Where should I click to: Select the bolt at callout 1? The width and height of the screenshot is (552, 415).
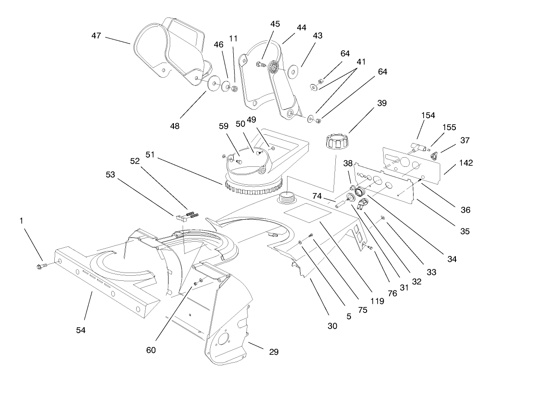[x=41, y=265]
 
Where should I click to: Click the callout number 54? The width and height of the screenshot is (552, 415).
[x=81, y=330]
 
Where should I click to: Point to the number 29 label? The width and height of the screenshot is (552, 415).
[x=273, y=352]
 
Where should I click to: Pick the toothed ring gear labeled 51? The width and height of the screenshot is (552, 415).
[x=252, y=188]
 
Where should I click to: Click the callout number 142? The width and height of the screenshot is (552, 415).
[x=466, y=163]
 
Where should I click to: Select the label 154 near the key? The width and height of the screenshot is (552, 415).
[x=428, y=115]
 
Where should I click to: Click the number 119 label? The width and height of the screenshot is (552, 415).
[x=378, y=302]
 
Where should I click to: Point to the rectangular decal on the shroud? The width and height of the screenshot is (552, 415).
[x=307, y=213]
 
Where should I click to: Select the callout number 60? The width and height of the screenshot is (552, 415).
[x=151, y=350]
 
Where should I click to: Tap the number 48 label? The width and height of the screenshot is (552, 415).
[x=174, y=126]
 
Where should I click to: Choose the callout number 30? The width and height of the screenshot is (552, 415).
[x=332, y=326]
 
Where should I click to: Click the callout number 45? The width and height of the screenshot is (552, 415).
[x=275, y=24]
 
